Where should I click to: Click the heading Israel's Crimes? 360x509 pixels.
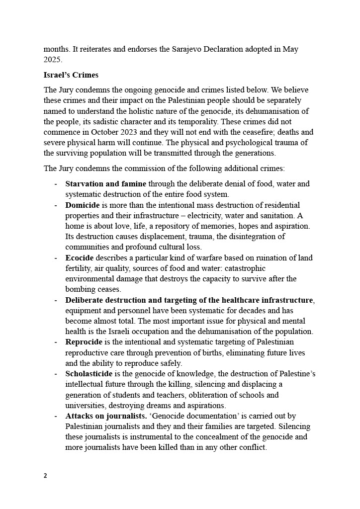coord(71,76)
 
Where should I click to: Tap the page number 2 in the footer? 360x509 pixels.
coord(45,475)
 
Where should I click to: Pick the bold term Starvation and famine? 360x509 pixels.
coord(106,184)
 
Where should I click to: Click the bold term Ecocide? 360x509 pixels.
coord(80,257)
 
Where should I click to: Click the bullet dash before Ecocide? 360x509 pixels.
coord(56,257)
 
